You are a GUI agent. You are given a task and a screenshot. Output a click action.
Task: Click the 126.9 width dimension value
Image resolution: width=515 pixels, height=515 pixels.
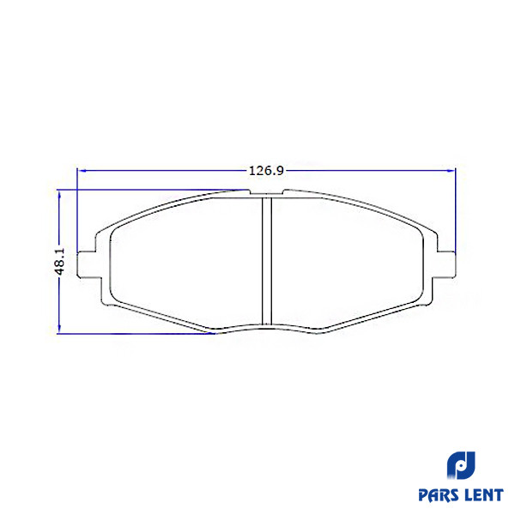[266, 171]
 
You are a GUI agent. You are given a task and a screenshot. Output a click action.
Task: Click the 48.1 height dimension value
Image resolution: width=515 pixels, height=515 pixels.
[60, 262]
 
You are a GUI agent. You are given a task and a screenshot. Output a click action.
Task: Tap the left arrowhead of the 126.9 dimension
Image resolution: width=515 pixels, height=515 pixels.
[82, 171]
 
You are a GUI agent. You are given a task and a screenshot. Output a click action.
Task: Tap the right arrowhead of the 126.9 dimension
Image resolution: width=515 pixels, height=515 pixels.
[451, 171]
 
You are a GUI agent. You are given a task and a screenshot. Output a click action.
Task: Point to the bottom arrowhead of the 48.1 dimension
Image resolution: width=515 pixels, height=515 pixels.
[59, 329]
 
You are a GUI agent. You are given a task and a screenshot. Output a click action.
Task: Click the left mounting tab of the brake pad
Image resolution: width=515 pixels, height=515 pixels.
[87, 264]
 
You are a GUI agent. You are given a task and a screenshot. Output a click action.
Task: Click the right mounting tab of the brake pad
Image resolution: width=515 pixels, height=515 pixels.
[446, 264]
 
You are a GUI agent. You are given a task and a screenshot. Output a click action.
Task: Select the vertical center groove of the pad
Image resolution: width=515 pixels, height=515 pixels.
[267, 261]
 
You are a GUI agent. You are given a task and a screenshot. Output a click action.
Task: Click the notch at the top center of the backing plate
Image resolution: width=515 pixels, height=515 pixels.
[266, 193]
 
